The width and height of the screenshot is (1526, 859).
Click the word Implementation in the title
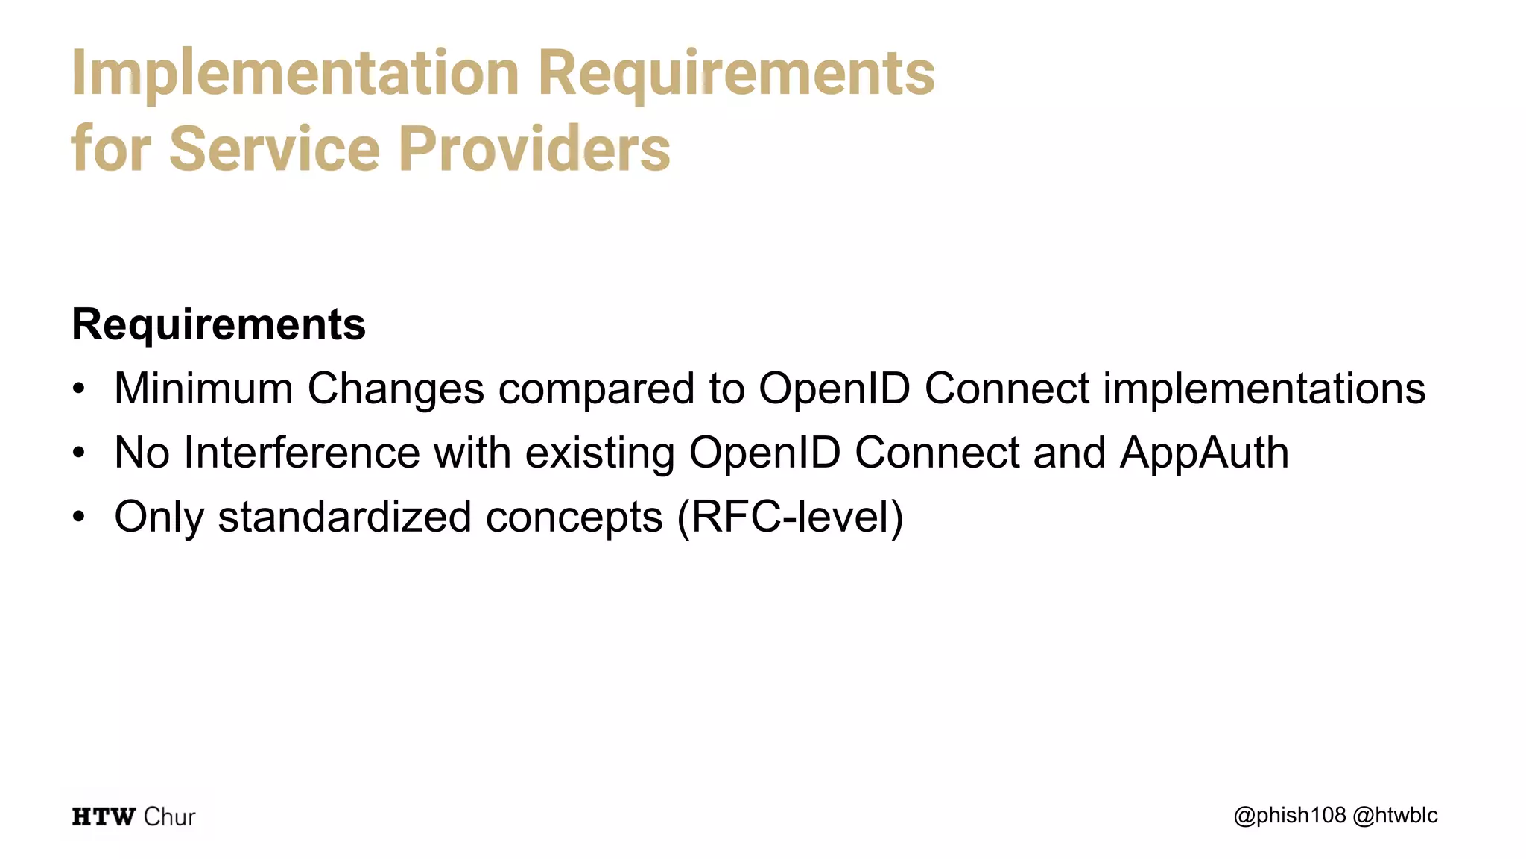tap(295, 73)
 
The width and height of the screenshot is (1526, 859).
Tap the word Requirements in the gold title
tap(736, 73)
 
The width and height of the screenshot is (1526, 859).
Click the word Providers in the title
tap(534, 148)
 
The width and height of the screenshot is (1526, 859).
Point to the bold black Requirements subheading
tap(218, 324)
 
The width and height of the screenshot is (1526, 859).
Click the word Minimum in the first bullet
tap(203, 388)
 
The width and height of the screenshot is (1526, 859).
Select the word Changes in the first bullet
tap(396, 388)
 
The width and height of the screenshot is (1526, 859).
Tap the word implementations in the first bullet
tap(1264, 388)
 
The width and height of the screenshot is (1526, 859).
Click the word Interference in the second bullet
tap(302, 453)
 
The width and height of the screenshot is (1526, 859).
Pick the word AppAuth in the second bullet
tap(1204, 453)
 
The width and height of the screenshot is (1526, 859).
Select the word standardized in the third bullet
tap(344, 517)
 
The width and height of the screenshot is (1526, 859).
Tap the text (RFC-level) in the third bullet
tap(790, 517)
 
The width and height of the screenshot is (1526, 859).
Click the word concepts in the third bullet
tap(574, 517)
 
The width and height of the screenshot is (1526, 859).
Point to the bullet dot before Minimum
tap(79, 389)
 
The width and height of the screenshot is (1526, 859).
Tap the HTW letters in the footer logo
tap(104, 817)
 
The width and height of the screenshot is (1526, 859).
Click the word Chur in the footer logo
tap(169, 817)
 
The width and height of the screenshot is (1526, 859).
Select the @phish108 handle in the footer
tap(1290, 816)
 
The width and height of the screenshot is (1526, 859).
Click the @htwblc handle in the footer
tap(1395, 816)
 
